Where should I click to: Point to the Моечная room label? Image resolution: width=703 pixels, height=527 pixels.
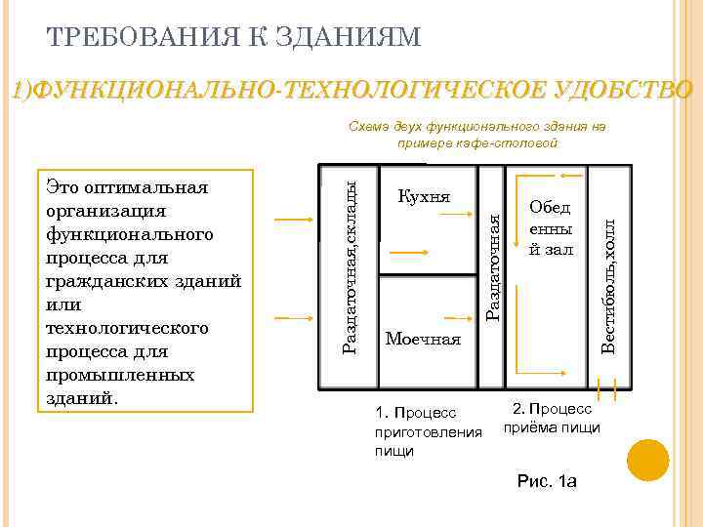[x=423, y=340]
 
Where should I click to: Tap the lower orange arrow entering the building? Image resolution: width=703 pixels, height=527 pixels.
[x=294, y=317]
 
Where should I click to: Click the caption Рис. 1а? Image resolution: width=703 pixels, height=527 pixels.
[x=547, y=482]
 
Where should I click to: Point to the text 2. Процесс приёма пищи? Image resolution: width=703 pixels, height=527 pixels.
[x=552, y=418]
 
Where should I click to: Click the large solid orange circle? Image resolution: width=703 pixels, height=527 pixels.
[x=647, y=460]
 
